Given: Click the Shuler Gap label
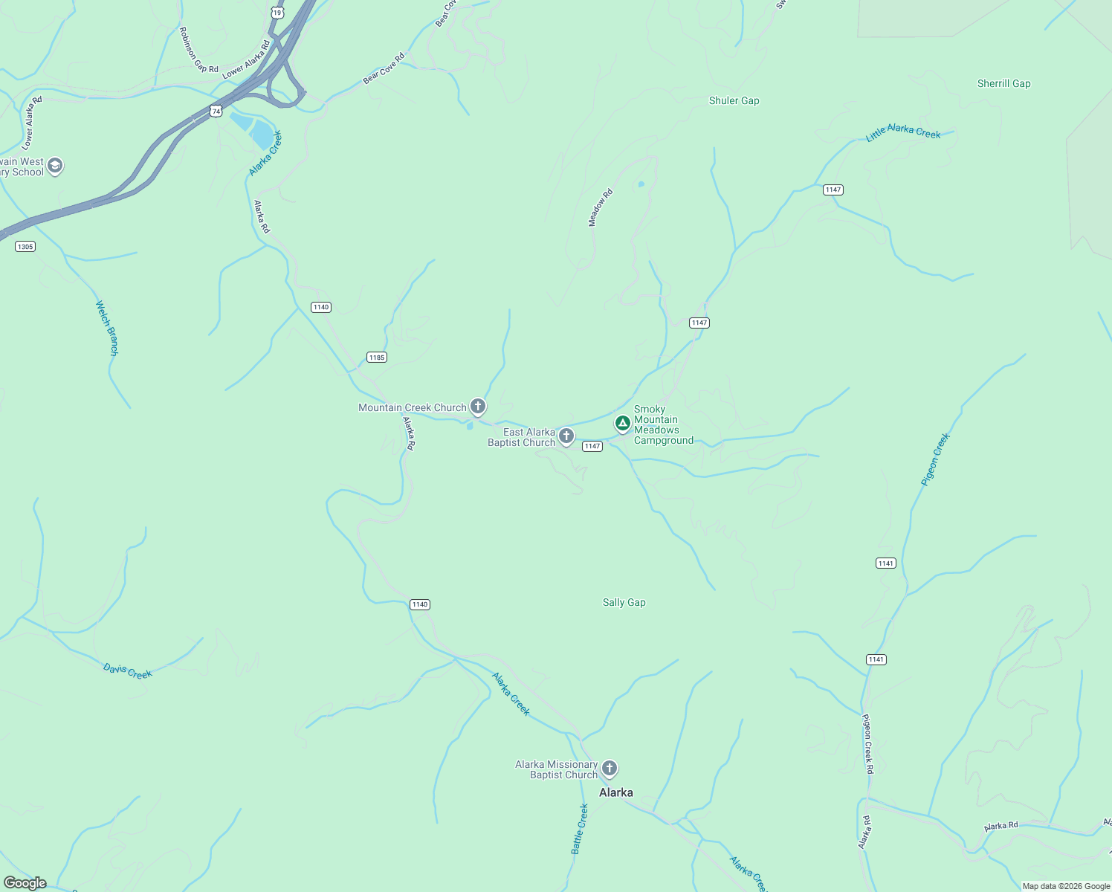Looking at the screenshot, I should tap(734, 101).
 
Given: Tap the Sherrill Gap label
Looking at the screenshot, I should tap(1003, 84).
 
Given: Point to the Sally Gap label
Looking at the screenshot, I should tap(624, 603).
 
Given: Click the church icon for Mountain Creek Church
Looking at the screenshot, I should tap(478, 407).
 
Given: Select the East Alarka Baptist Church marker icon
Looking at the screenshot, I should tap(566, 436).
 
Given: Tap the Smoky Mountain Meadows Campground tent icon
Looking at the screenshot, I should tap(622, 423).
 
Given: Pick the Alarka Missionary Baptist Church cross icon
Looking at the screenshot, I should tap(610, 768).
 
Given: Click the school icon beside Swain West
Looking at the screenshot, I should tap(55, 166).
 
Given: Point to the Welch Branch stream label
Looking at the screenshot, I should tap(107, 328).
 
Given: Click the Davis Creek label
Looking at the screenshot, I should tap(128, 671).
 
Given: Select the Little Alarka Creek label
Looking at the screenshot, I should tap(903, 132).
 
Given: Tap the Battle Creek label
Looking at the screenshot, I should tap(580, 829).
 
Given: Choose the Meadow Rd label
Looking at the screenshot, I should tap(601, 207).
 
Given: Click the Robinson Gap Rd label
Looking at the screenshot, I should tap(198, 51).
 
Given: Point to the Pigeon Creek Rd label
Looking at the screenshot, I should tap(867, 744).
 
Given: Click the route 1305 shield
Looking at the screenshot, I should tap(25, 247).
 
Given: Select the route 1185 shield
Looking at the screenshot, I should tap(377, 358).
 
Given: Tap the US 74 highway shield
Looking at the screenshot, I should tap(216, 111).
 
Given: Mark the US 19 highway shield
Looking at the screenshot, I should tap(277, 13).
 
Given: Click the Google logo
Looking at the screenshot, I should tap(25, 883).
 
